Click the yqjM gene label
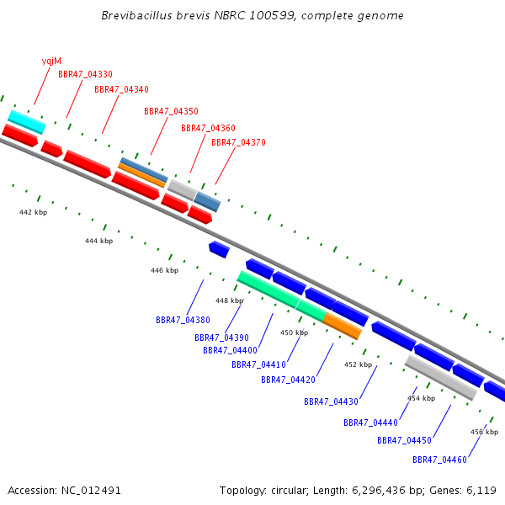click(51, 61)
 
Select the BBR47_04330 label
click(85, 74)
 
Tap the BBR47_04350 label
click(171, 111)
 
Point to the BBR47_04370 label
click(238, 142)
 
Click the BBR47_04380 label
click(183, 320)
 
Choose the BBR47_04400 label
click(230, 350)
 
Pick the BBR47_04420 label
click(288, 380)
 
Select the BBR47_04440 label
click(370, 423)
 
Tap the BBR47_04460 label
click(439, 460)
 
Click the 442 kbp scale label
click(33, 212)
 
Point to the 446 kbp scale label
click(165, 270)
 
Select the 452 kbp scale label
click(359, 364)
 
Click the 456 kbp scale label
click(485, 432)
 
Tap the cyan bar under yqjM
click(27, 122)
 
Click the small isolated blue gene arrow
click(219, 249)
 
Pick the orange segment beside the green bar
click(342, 326)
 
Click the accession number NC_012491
click(91, 491)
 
